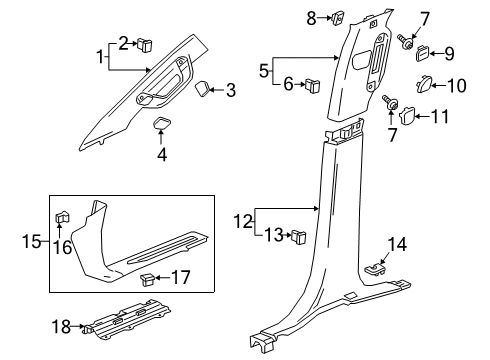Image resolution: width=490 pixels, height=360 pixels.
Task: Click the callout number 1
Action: tap(101, 58)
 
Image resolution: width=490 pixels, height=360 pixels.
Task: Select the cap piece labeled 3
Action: tap(203, 90)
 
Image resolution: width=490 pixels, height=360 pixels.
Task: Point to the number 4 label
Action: tap(162, 154)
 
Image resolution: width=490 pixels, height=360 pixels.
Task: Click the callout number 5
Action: tap(265, 71)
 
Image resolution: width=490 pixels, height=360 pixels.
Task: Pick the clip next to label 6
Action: tap(313, 84)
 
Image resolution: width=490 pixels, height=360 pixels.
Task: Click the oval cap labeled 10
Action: tap(423, 85)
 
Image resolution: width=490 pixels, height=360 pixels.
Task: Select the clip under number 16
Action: tap(62, 215)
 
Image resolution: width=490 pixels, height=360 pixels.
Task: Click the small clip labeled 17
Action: tap(148, 277)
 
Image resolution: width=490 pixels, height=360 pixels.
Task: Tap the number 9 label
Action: tap(449, 54)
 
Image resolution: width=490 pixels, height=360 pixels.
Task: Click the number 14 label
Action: tap(398, 243)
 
